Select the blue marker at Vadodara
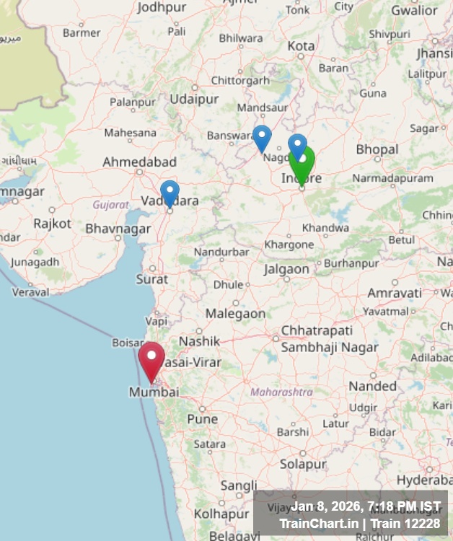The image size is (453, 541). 170,193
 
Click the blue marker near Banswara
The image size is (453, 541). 262,137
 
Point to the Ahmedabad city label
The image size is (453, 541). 139,162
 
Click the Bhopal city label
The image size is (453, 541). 377,149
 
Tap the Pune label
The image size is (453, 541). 202,419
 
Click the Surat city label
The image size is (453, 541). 151,278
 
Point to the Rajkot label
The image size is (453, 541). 52,224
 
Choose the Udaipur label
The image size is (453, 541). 194,99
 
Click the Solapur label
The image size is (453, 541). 302,464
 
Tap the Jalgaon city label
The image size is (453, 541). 286,269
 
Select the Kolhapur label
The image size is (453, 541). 221,514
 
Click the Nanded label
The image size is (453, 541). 373,386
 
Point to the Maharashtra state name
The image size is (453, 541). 281,392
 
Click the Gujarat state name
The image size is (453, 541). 110,205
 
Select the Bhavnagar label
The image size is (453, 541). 118,229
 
